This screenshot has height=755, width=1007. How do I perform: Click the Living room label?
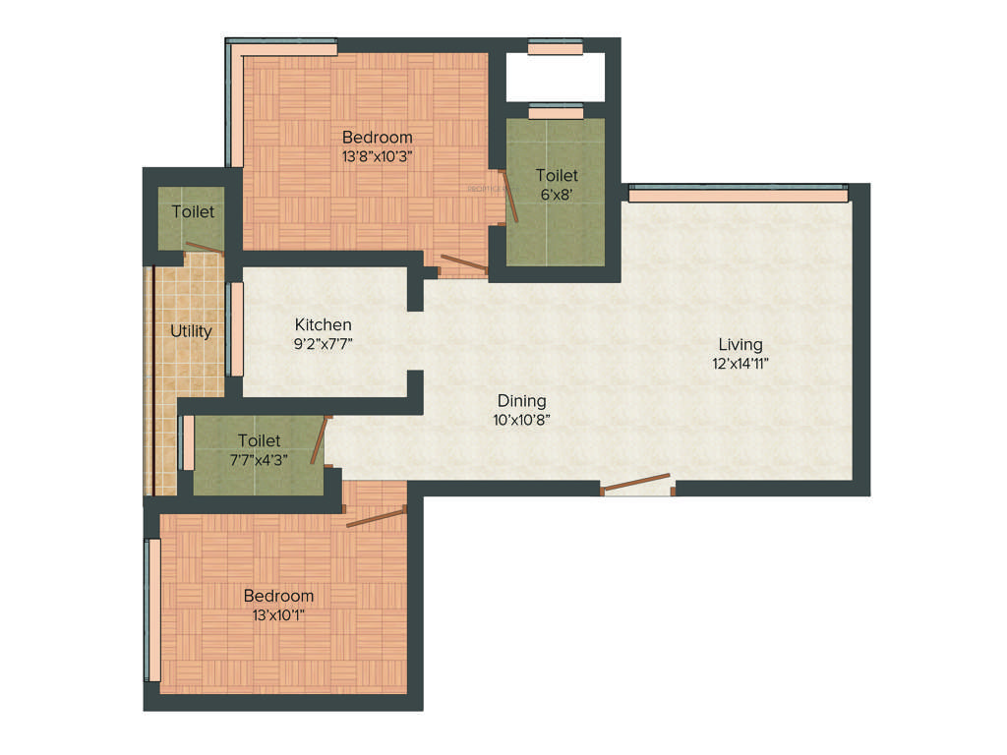740,344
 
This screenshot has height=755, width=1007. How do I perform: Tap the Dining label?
521,401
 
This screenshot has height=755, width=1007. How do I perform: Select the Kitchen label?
324,325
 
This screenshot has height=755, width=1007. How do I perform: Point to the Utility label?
191,331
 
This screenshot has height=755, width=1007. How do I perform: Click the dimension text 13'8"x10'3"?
378,155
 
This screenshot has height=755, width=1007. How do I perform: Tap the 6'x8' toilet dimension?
556,194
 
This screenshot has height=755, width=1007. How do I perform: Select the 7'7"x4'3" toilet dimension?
260,459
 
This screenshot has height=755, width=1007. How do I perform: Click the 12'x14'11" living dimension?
740,363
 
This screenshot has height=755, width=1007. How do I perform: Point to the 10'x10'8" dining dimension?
521,419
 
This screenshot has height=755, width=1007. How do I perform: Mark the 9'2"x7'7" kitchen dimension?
324,343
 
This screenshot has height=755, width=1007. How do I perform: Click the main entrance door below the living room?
636,483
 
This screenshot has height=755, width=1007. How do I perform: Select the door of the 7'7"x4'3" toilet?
318,439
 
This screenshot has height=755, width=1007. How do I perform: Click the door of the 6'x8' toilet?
512,203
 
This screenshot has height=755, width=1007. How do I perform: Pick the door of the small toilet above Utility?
206,249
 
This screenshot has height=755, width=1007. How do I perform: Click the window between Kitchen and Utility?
236,329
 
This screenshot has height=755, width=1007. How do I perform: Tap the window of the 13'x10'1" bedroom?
153,610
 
